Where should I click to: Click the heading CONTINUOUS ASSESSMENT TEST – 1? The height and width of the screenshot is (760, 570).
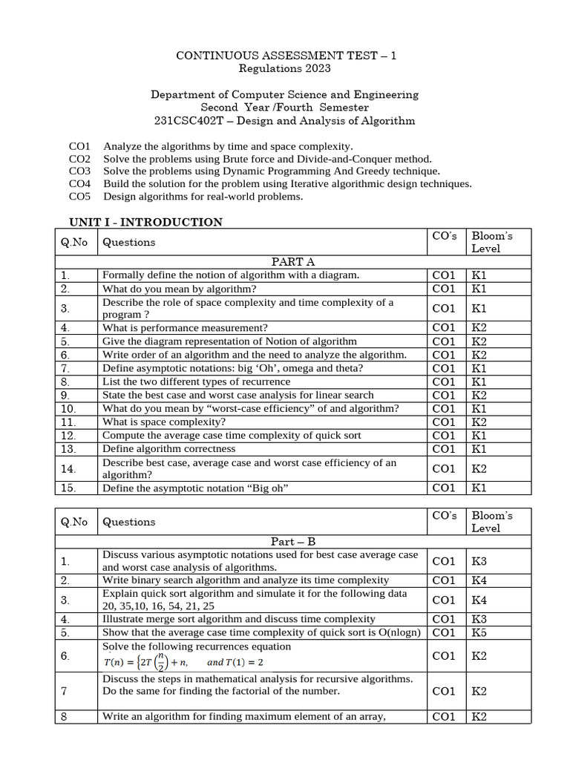coord(285,56)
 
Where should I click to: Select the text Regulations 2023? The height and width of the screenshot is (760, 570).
coord(285,69)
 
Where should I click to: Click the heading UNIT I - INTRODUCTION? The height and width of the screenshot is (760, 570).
coord(145,222)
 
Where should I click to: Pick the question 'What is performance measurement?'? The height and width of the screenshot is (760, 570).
coord(185,328)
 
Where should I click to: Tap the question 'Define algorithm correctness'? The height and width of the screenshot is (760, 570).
coord(168,449)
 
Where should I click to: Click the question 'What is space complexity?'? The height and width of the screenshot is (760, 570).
coord(164,422)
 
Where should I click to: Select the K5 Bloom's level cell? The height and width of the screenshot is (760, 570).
coord(479,633)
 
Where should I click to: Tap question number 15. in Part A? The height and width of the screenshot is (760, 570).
coord(69,488)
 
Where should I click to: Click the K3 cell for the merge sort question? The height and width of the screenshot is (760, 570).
coord(479,619)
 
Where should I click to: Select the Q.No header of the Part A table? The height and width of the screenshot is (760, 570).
coord(74,242)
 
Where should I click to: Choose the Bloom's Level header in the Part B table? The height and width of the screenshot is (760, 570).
coord(492,522)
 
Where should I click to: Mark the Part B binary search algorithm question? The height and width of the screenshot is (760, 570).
coord(245,580)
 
